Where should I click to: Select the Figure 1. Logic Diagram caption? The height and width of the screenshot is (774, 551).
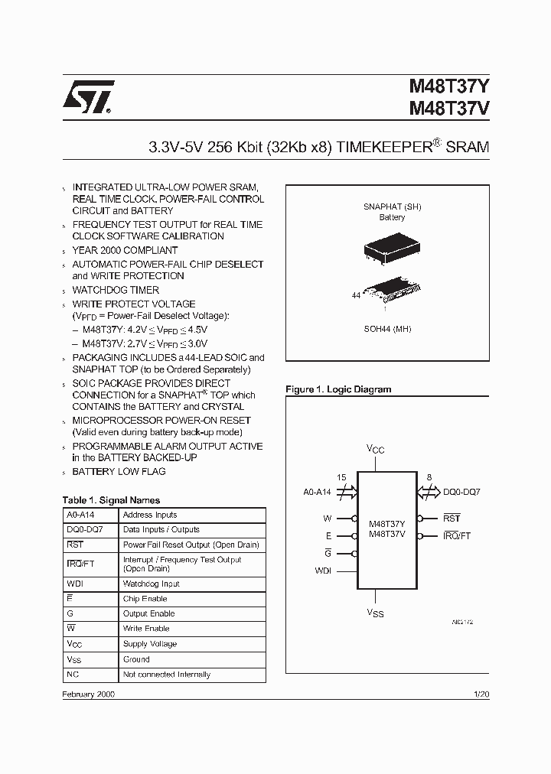338,389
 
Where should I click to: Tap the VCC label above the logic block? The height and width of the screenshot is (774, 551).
375,450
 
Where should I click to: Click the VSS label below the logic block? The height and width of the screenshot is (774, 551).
375,613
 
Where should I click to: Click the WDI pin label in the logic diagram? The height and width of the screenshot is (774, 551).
324,570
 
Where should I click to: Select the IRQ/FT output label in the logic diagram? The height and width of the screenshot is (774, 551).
457,535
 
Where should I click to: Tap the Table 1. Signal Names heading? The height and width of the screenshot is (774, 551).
111,500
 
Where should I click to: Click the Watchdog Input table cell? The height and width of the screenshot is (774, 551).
151,584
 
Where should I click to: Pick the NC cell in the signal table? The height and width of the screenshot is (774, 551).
73,675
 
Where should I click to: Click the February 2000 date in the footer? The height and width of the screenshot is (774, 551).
89,694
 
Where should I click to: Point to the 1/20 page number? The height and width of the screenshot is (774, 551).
481,694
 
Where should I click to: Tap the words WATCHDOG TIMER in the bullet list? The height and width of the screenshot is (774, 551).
116,290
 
